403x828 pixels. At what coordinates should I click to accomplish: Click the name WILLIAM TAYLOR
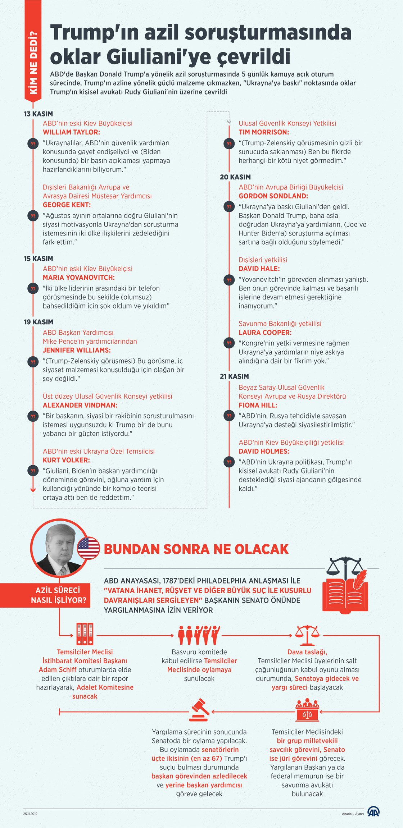point(71,132)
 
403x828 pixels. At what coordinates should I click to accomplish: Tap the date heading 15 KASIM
point(39,259)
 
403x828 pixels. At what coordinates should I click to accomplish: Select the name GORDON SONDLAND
point(273,196)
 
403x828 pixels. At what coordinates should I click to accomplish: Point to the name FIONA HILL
point(258,405)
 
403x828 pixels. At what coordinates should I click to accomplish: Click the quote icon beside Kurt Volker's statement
point(33,471)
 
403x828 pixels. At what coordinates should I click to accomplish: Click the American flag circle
point(89,548)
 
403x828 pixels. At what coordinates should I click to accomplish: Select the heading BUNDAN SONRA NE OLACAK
point(196,549)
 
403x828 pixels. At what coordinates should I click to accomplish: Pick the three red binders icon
point(85,634)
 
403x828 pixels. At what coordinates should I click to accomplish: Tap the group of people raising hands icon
point(199,635)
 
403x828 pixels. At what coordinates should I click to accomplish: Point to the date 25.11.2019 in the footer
point(31,814)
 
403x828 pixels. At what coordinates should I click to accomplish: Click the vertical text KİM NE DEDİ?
point(33,63)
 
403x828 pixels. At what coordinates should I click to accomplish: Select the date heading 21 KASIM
point(234,376)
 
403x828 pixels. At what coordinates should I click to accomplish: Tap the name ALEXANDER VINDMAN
point(80,405)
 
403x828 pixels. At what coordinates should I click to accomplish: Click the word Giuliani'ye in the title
point(159,56)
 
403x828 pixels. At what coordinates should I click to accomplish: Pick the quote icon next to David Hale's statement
point(229,280)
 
